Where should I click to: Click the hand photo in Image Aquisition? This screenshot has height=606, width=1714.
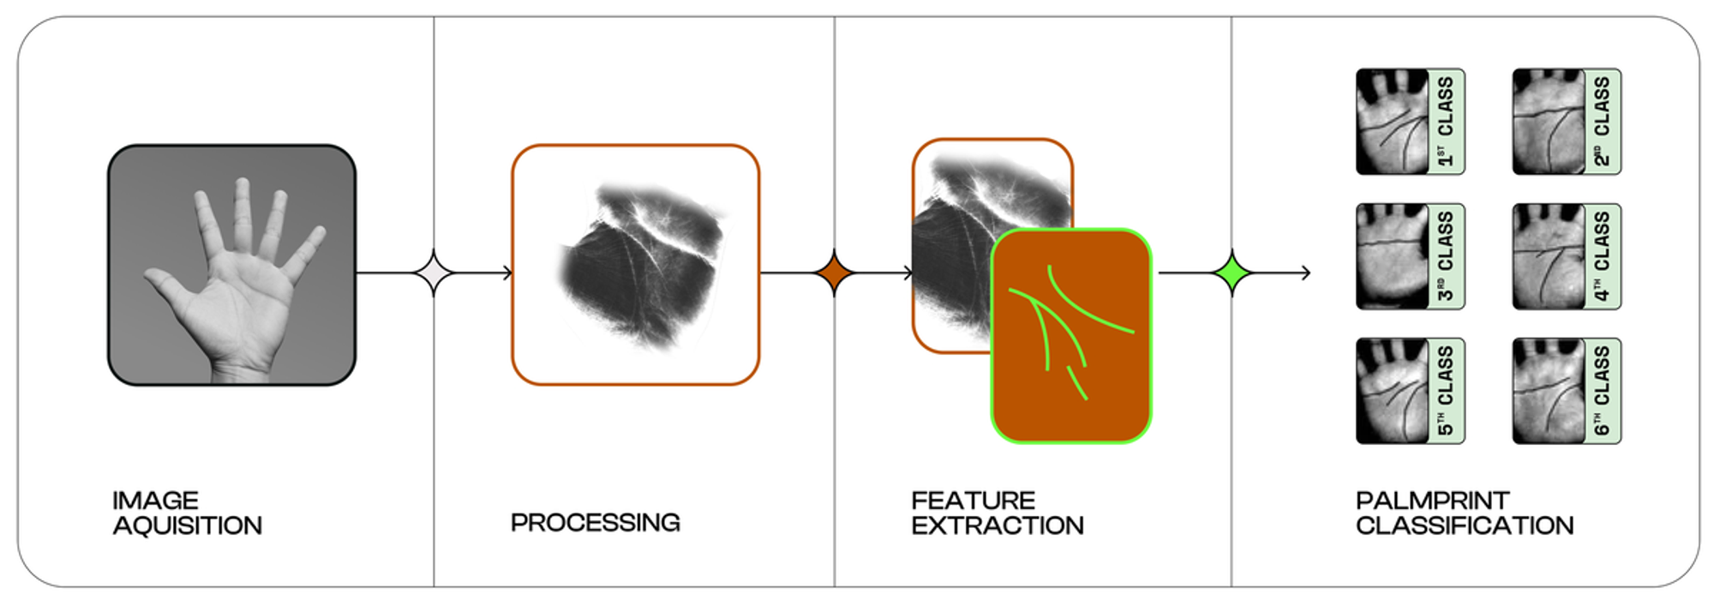[231, 265]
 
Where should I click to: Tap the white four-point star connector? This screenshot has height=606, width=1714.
[434, 273]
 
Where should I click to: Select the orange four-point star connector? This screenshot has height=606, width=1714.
[834, 273]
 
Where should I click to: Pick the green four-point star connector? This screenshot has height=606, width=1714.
[1232, 273]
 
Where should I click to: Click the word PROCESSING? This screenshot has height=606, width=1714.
[596, 522]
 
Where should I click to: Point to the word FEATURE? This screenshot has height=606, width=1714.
[974, 500]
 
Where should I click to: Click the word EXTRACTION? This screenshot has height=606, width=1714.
[998, 525]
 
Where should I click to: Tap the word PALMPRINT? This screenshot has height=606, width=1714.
[1433, 500]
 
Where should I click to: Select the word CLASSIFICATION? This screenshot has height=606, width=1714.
[1465, 525]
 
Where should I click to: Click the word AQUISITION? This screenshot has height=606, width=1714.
[188, 525]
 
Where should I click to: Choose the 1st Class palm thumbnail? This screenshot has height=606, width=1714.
[1392, 122]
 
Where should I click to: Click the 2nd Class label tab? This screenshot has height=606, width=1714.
[1602, 122]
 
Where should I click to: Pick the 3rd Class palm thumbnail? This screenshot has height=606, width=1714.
[1392, 256]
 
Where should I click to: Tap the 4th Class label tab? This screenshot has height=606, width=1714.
[1602, 256]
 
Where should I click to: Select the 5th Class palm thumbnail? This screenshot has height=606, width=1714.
[1392, 391]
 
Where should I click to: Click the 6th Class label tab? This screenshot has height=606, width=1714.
[1602, 391]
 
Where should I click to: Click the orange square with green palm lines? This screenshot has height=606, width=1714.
[1071, 336]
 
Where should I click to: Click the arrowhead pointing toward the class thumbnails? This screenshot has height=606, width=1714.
[1306, 273]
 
